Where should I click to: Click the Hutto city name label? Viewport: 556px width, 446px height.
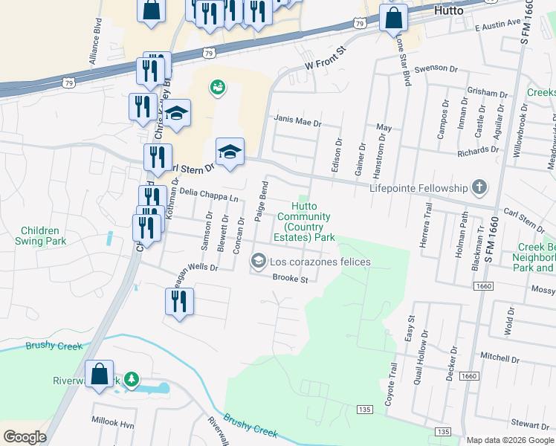pyautogui.click(x=448, y=11)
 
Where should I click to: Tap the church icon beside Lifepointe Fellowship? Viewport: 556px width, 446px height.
pyautogui.click(x=479, y=188)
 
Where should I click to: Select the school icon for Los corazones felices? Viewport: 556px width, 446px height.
pyautogui.click(x=259, y=261)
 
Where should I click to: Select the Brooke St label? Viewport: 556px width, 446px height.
pyautogui.click(x=290, y=279)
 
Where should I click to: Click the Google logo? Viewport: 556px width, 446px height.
pyautogui.click(x=25, y=436)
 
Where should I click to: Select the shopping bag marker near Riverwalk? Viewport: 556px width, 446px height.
pyautogui.click(x=99, y=375)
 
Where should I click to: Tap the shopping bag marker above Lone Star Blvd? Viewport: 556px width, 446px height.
pyautogui.click(x=393, y=18)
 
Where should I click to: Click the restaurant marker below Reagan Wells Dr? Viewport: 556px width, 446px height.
pyautogui.click(x=179, y=302)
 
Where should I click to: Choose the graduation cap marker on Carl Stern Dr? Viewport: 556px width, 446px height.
pyautogui.click(x=230, y=152)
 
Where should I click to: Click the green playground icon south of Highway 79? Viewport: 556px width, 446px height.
pyautogui.click(x=218, y=88)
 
